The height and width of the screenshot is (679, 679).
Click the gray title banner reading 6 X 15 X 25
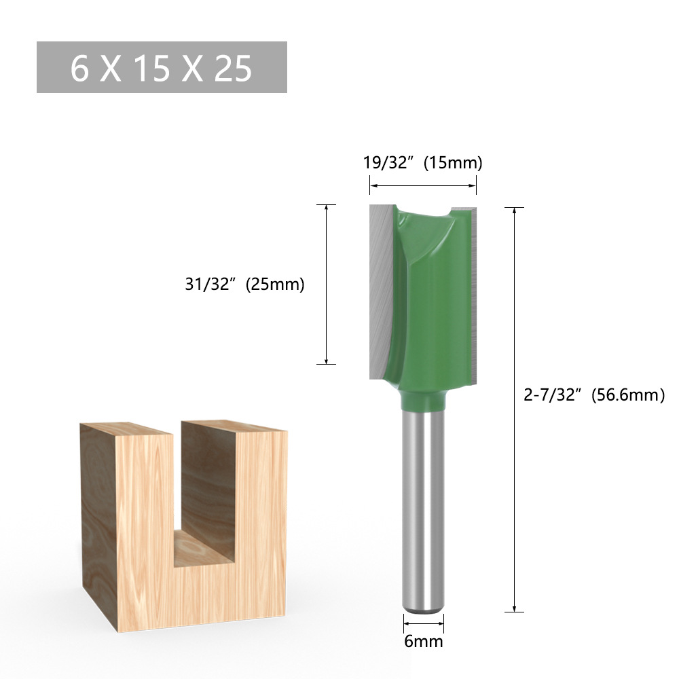pos(162,67)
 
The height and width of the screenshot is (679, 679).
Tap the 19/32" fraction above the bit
pos(386,163)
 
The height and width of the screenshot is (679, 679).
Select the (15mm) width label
pos(452,163)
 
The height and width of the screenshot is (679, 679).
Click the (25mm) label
pos(274,285)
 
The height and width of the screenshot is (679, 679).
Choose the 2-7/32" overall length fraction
pos(553,395)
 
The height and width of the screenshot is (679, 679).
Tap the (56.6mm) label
pos(627,395)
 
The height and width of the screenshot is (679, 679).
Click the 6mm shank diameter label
pos(424,641)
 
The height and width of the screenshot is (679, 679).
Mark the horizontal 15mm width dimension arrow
pos(422,185)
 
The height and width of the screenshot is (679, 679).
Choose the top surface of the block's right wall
pos(234,426)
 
